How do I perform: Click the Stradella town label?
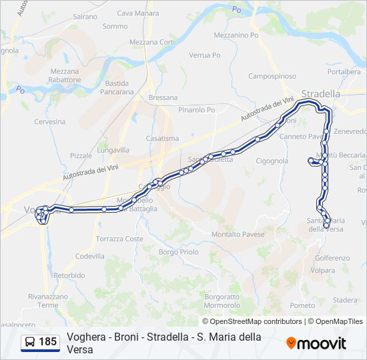point(321,93)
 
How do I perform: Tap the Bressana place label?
point(163,97)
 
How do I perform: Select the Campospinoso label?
point(272,76)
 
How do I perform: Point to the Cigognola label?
point(272,161)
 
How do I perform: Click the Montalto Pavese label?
point(234,234)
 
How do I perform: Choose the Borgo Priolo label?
point(179,252)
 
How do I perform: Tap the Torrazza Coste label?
point(119,239)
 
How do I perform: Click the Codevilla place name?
point(90,256)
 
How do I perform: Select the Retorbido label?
point(69,275)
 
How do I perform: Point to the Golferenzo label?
point(332,258)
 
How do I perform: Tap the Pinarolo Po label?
point(197,110)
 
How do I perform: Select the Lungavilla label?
point(113,150)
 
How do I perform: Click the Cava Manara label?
point(138,13)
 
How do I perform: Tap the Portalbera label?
point(344,71)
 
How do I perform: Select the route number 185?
point(48,342)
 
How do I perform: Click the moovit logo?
point(316,343)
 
